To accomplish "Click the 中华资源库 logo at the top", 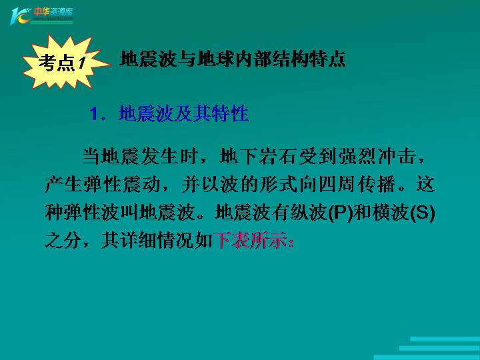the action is (41, 15).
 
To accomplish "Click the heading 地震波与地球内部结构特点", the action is (233, 59).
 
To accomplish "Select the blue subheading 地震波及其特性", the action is (183, 113).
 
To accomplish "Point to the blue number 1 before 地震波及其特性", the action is (94, 114).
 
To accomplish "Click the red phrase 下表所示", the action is (251, 240).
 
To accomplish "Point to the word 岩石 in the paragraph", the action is (277, 157).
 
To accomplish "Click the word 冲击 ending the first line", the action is (397, 157).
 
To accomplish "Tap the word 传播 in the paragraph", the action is (376, 185).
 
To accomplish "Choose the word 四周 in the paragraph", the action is (337, 185).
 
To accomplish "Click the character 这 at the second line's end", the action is (425, 185).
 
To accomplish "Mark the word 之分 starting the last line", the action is (64, 240).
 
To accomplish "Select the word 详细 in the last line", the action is (139, 240).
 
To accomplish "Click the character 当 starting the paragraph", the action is (91, 157).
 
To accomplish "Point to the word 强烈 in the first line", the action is (357, 157).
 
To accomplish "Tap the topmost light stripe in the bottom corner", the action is (445, 339).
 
